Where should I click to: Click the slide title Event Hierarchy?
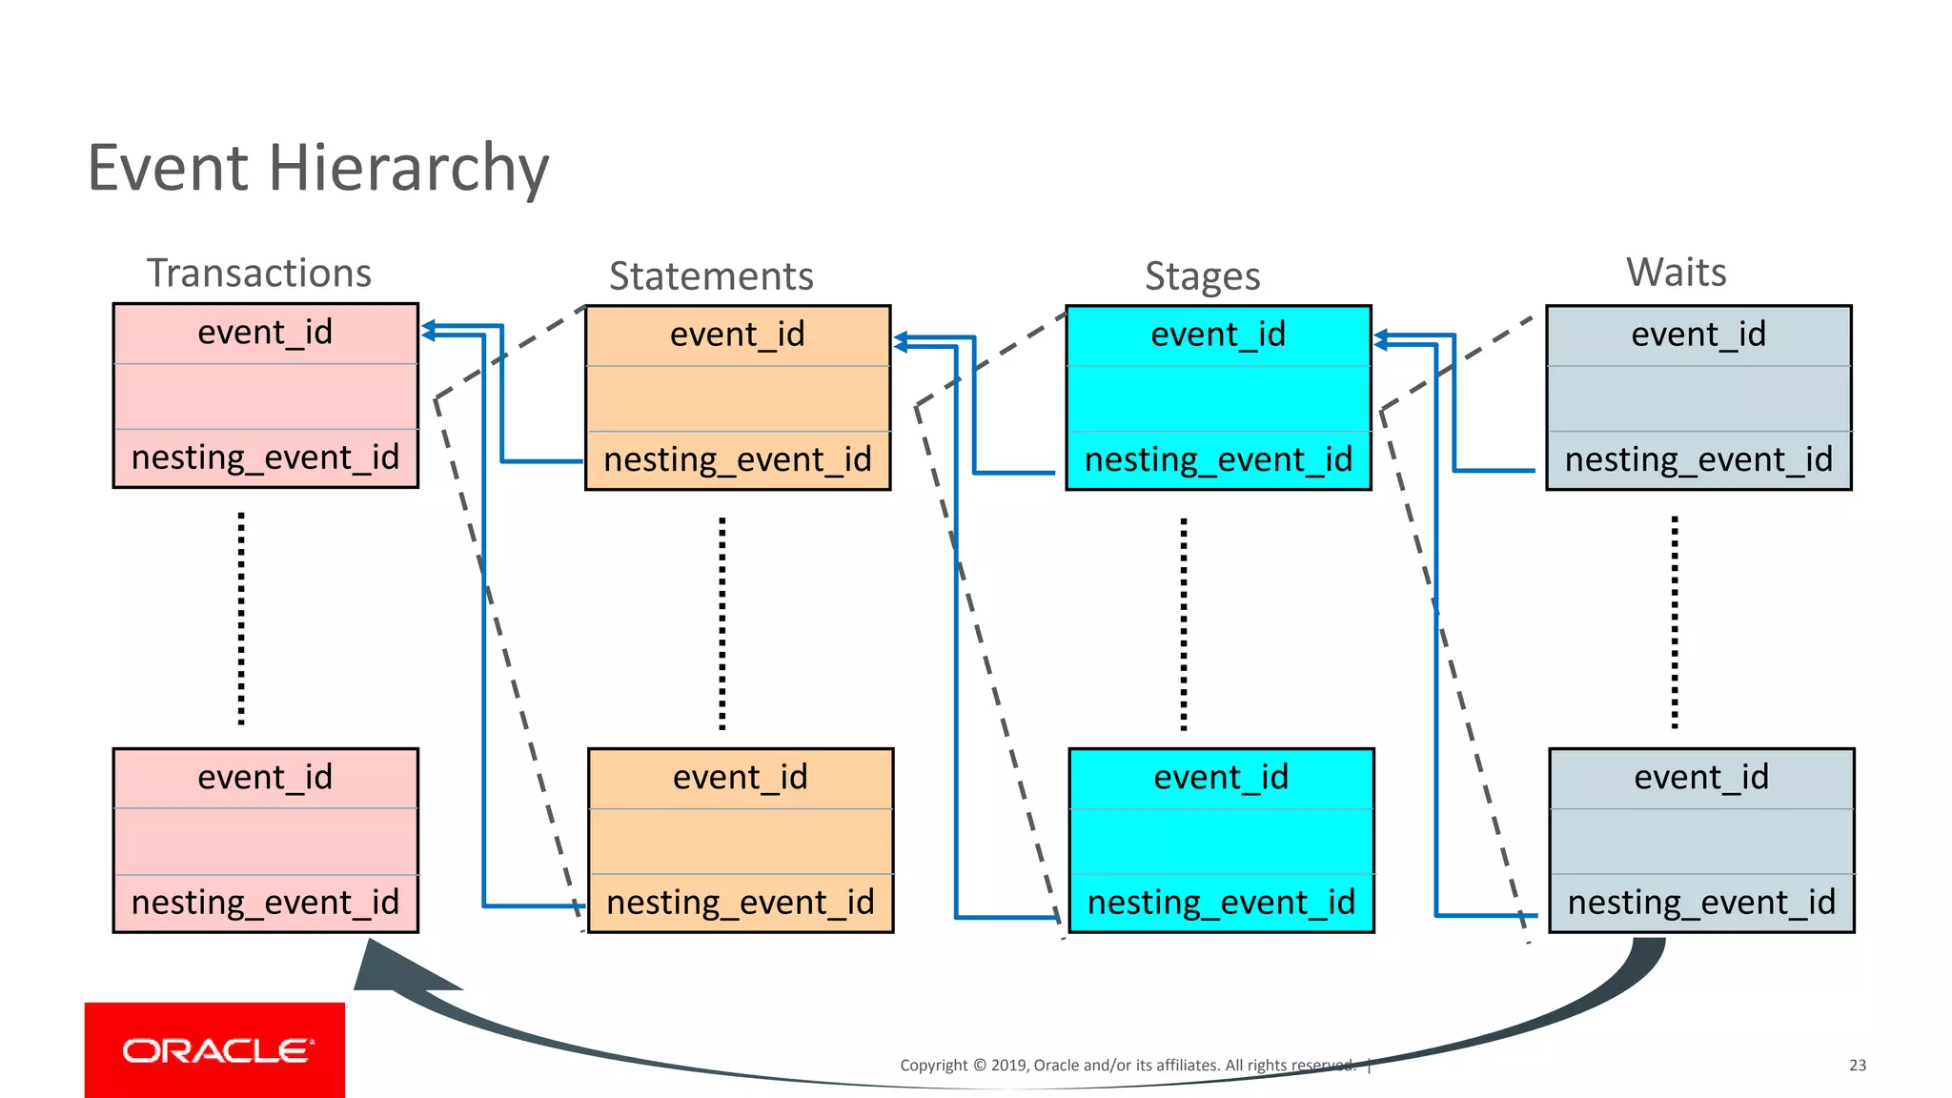[317, 168]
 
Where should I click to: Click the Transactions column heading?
[258, 274]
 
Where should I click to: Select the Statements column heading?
[711, 276]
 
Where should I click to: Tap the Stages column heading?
[1202, 276]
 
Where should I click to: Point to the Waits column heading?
[1676, 273]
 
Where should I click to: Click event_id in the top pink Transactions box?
[265, 333]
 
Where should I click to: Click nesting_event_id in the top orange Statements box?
[738, 459]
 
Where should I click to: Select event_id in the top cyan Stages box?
[1218, 335]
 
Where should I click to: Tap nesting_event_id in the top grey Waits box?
[1698, 459]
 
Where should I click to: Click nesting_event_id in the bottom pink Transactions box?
[265, 903]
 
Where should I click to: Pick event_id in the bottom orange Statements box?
[741, 778]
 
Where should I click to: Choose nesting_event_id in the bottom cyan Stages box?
[1221, 903]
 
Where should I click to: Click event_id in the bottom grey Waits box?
[1701, 778]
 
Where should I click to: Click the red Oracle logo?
[214, 1049]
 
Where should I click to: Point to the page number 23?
[1857, 1066]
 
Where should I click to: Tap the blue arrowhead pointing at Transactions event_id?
[429, 330]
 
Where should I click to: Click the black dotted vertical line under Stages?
[1184, 624]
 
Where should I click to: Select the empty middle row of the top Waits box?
[1698, 398]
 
